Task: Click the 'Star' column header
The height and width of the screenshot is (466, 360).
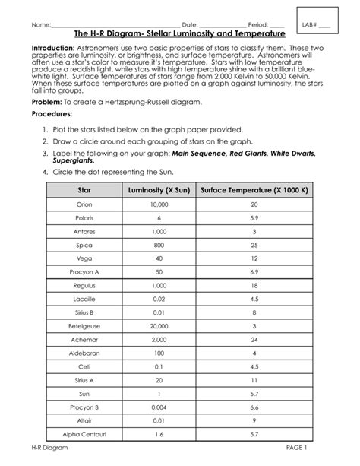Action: [x=84, y=189]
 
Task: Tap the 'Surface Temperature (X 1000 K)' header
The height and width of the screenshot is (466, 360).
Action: [x=254, y=189]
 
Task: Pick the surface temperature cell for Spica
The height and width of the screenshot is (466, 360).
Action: [x=254, y=246]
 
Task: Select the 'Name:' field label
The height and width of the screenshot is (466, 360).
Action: [x=39, y=26]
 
